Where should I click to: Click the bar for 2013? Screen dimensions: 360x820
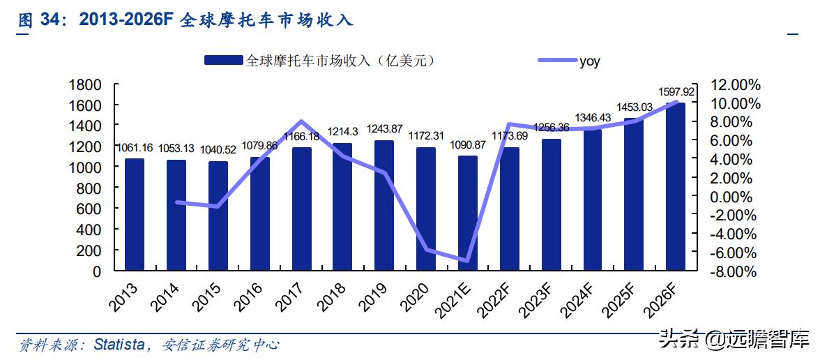[135, 214]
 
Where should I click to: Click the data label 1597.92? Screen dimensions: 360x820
[676, 92]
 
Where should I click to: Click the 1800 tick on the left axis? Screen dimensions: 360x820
[87, 85]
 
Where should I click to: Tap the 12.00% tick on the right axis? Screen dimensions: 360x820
[734, 85]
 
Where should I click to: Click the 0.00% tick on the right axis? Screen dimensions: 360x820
[736, 197]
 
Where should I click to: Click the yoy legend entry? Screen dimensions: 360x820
[589, 61]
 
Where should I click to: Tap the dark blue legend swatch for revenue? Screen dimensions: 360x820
[223, 61]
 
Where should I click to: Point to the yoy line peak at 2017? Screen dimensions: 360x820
[301, 122]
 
